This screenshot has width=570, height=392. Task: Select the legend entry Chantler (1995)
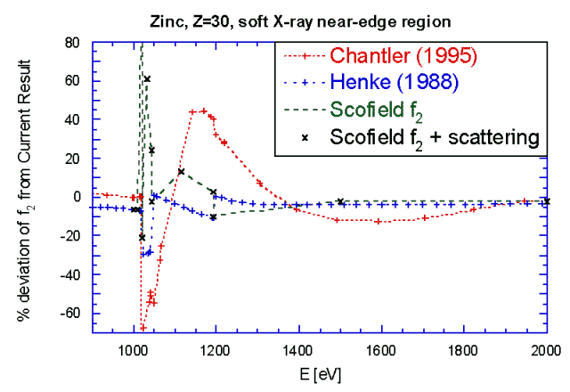pyautogui.click(x=404, y=55)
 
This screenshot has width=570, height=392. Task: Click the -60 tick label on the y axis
pyautogui.click(x=69, y=314)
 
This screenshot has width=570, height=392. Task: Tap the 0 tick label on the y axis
pyautogui.click(x=77, y=197)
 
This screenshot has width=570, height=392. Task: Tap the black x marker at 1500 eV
pyautogui.click(x=340, y=201)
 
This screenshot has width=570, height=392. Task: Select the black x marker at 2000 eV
pyautogui.click(x=547, y=201)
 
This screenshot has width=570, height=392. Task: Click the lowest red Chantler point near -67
pyautogui.click(x=142, y=328)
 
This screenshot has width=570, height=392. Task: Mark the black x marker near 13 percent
pyautogui.click(x=181, y=171)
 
